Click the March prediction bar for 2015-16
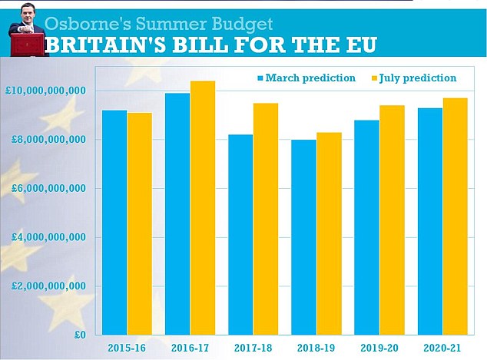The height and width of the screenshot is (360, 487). point(114,223)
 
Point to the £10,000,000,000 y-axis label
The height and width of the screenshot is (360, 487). point(45,91)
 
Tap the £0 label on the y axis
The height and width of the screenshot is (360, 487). point(78,335)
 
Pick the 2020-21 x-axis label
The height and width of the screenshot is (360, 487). point(444,347)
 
